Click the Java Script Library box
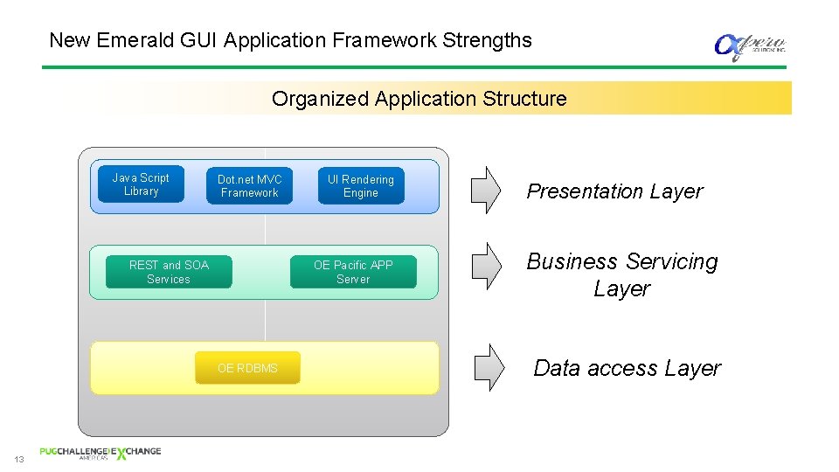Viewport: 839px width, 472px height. pos(141,184)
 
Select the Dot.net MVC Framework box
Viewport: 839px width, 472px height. pos(249,186)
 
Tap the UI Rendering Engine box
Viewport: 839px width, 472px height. pos(361,186)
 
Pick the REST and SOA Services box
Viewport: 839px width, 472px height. pos(169,272)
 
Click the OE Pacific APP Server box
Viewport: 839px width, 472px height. pos(353,272)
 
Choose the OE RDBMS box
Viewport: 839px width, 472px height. pos(247,368)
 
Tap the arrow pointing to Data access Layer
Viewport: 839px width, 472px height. pos(489,366)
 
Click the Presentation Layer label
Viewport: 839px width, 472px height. pos(614,191)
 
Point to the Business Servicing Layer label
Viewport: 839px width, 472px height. pos(621,274)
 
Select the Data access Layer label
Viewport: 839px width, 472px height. pos(627,368)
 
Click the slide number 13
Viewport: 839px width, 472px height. pos(18,459)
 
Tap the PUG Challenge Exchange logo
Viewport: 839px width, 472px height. pos(100,453)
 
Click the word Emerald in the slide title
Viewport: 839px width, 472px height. pos(128,40)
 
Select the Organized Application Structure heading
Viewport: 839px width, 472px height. pos(419,99)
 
